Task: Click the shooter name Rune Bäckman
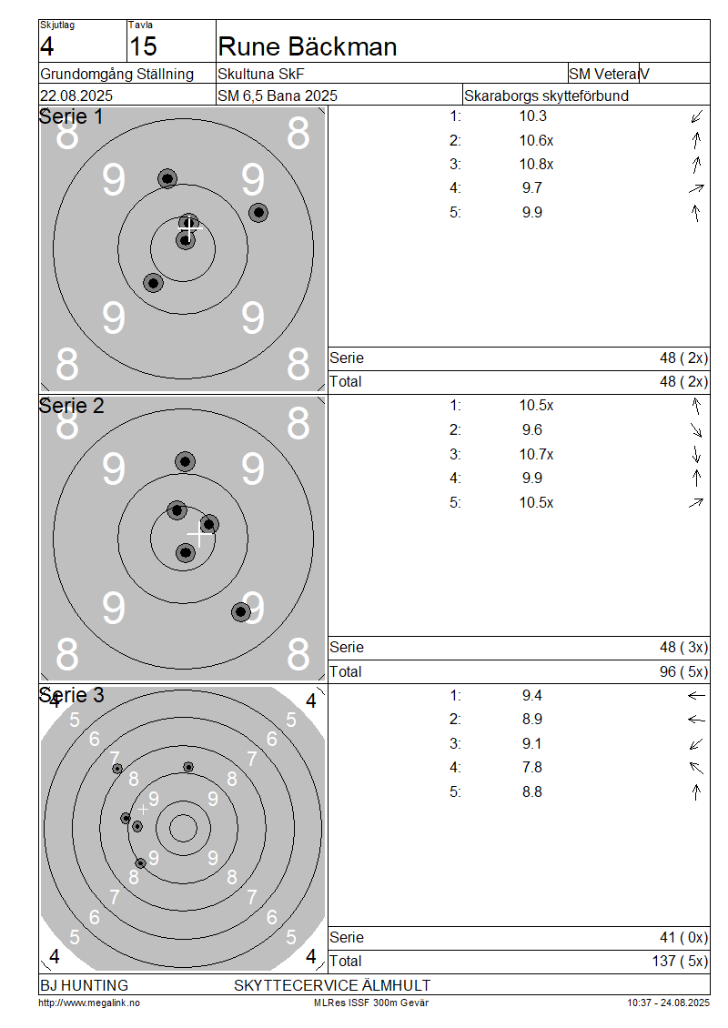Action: click(307, 46)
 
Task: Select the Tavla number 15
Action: click(143, 46)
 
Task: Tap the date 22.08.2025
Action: click(76, 96)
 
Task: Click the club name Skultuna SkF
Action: click(261, 74)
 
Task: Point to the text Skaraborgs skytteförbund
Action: click(546, 96)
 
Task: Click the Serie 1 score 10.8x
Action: click(537, 164)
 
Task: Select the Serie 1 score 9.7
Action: click(532, 188)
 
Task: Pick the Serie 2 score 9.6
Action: click(532, 430)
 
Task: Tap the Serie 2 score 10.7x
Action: click(537, 454)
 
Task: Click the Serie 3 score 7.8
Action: click(532, 768)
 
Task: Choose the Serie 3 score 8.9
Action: click(532, 720)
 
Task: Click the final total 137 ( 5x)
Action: click(680, 961)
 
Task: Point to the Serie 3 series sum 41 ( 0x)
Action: click(684, 938)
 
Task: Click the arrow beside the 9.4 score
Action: click(696, 696)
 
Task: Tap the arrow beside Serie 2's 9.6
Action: click(696, 430)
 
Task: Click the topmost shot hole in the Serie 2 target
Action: click(185, 461)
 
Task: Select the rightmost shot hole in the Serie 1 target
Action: click(258, 212)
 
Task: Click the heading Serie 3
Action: click(72, 695)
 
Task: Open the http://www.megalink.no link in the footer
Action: click(89, 1003)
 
